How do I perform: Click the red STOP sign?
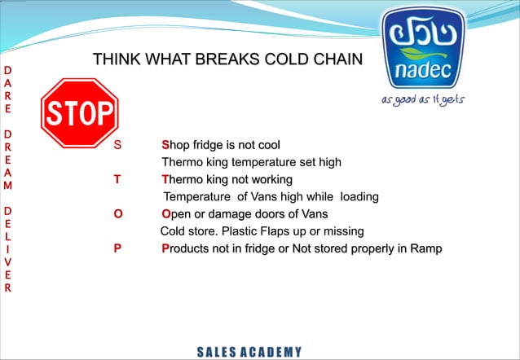pos(79,112)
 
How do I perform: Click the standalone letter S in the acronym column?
pos(117,146)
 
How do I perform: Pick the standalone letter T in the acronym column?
pos(117,180)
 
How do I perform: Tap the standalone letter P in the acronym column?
pos(117,248)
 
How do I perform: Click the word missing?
pos(342,231)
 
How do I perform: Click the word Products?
pos(187,248)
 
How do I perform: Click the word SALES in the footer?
pos(215,352)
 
